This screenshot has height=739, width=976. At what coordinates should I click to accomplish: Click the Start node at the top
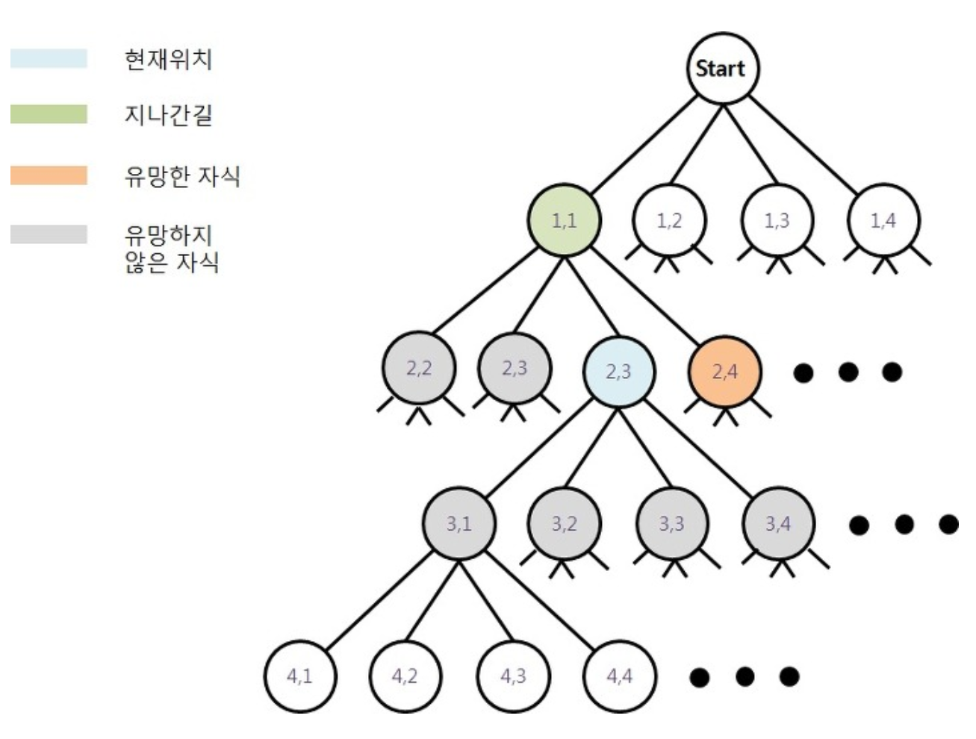tap(721, 68)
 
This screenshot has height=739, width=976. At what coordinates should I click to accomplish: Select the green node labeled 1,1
tap(564, 220)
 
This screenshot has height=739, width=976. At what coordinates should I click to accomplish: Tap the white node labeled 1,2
tap(669, 220)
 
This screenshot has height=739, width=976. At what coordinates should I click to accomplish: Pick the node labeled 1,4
tap(883, 220)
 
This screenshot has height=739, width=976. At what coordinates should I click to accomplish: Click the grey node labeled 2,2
tap(419, 368)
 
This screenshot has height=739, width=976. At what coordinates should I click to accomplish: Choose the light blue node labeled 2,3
tap(618, 371)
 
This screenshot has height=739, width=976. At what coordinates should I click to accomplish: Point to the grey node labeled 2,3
tap(515, 368)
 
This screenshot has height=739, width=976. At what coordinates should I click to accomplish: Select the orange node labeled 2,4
tap(724, 371)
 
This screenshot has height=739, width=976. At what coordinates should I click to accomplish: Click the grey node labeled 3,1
tap(459, 523)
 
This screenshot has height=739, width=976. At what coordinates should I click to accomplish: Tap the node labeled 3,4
tap(777, 523)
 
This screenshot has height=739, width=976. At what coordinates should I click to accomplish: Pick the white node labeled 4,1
tap(299, 676)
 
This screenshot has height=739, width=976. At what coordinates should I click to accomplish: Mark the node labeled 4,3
tap(513, 676)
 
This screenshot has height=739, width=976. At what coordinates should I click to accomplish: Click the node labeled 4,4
tap(619, 676)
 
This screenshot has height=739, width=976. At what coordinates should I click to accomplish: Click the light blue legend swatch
tap(49, 58)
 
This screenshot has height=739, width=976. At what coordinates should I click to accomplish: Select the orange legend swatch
tap(49, 175)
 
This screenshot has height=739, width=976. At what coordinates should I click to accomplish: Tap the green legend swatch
tap(49, 114)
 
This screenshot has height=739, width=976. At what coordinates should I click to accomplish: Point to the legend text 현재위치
tap(168, 59)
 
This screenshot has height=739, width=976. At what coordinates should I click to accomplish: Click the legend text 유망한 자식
tap(181, 176)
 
